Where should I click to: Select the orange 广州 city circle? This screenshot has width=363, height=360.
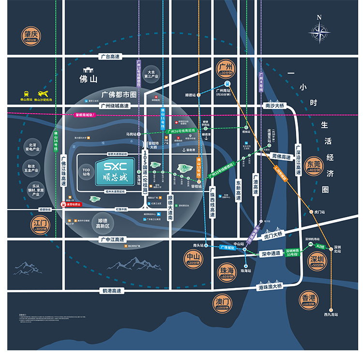point(226,68)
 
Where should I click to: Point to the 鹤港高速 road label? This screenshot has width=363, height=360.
point(112,291)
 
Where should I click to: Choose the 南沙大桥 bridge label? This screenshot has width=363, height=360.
point(274,105)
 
